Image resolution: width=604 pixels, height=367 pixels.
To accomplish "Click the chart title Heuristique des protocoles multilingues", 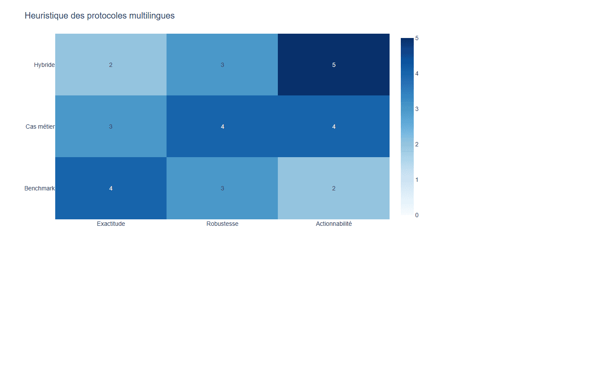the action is (100, 16).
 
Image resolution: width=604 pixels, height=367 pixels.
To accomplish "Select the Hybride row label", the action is (44, 65).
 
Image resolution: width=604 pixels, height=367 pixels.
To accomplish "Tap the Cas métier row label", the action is (40, 127).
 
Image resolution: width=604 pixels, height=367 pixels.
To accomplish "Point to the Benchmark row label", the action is (40, 188).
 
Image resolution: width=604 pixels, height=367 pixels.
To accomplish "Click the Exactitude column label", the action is (111, 224).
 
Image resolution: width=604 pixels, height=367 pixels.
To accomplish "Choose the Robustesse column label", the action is (223, 224).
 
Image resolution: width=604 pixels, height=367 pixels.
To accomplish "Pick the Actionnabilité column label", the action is (334, 224).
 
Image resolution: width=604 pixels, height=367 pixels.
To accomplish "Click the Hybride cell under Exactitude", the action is (111, 64).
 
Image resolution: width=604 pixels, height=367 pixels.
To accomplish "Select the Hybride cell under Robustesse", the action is (222, 64).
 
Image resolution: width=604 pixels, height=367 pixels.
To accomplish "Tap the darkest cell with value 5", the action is (334, 64).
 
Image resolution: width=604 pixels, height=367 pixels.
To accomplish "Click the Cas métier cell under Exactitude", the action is (111, 126).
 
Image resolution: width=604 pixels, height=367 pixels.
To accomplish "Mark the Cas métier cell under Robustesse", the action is (222, 126).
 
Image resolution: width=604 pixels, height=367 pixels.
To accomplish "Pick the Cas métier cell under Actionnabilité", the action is (334, 126).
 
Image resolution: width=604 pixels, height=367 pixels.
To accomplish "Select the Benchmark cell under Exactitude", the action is (111, 188).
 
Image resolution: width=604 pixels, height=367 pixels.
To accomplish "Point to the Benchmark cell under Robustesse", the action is (222, 188).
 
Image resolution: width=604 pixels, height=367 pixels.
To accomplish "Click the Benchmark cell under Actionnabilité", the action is (334, 188).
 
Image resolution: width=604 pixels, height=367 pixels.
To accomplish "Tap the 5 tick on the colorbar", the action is (417, 38).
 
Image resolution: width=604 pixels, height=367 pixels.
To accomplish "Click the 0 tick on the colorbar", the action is (417, 215).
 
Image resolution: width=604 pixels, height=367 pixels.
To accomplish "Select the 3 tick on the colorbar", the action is (417, 109).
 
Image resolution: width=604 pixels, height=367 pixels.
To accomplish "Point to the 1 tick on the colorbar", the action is (417, 180).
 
